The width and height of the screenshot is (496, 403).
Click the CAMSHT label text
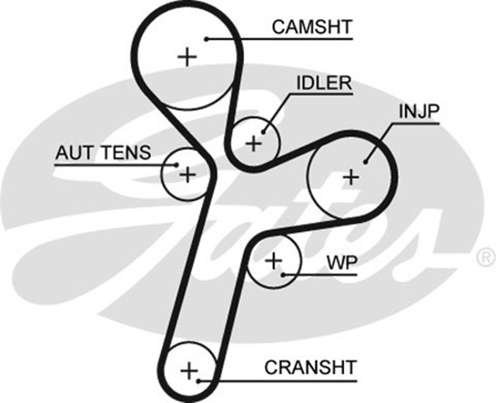312,26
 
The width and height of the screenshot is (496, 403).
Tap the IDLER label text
322,83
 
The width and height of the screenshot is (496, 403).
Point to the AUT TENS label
102,153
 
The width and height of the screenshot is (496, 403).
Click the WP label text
341,263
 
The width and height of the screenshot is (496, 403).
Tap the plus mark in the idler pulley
253,143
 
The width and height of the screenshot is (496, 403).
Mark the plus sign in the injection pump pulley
352,177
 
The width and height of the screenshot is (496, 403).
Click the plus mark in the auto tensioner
187,174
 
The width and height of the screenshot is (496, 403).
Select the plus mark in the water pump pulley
273,260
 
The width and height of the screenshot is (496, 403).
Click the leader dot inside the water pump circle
284,274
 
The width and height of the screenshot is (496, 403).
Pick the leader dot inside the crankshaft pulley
200,381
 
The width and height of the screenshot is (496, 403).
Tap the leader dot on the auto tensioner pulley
177,164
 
